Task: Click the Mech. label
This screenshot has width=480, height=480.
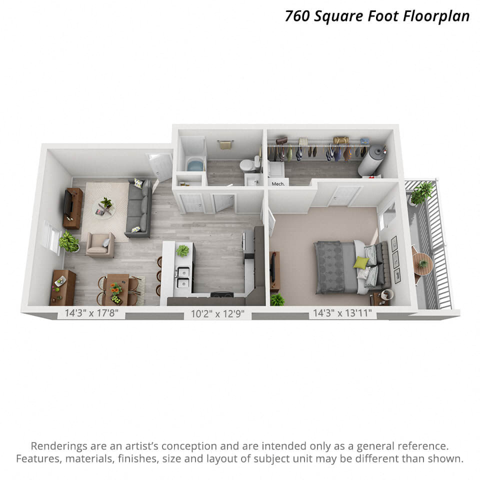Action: click(277, 184)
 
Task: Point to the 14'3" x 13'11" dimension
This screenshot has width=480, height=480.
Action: click(342, 314)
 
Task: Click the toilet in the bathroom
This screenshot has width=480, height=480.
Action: click(247, 165)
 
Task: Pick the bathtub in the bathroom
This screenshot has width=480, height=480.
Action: click(195, 164)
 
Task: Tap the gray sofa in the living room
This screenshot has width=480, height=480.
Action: click(139, 209)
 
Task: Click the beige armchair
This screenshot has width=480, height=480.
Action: click(100, 244)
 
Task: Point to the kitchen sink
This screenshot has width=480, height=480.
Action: click(183, 278)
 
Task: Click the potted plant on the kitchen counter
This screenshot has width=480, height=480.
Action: click(183, 250)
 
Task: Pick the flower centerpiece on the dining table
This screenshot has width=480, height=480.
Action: click(116, 289)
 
